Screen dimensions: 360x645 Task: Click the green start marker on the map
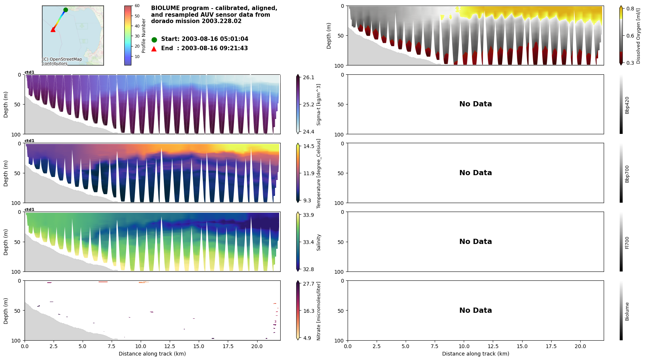pos(66,10)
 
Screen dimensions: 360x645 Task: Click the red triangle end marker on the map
pos(53,29)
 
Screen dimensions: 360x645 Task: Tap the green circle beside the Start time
pos(154,39)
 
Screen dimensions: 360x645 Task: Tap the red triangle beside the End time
pos(154,49)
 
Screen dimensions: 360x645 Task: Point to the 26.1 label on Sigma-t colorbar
pos(309,77)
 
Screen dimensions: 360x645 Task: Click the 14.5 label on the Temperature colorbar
pos(309,146)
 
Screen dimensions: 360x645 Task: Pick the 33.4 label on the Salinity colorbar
pos(309,242)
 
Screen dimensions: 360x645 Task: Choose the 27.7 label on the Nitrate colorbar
pos(309,284)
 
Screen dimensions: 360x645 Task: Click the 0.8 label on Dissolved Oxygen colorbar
pos(630,9)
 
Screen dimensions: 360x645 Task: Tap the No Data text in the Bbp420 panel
pos(475,104)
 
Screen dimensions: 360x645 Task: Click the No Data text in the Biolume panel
pos(475,311)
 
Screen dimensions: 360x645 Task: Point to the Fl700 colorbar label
pos(627,242)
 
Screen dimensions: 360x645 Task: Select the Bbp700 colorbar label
pos(627,174)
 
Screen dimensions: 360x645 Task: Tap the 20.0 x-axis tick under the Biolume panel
pos(580,346)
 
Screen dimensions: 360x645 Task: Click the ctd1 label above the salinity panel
pos(29,209)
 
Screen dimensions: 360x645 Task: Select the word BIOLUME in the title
pos(165,8)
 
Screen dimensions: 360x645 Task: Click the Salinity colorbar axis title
pos(319,242)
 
